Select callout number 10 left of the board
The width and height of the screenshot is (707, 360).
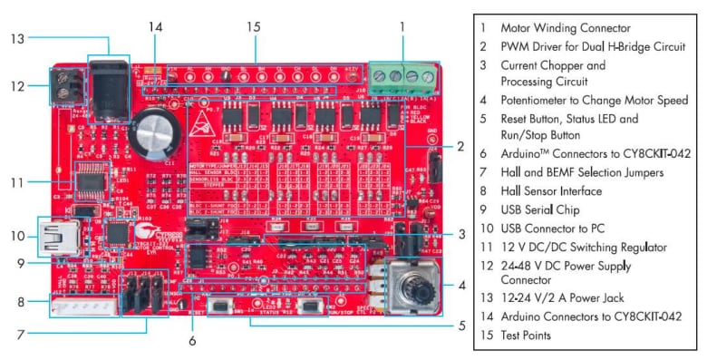pos(17,235)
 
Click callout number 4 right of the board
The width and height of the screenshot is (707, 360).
pos(461,285)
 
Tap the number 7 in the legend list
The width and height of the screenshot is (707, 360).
pos(483,173)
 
